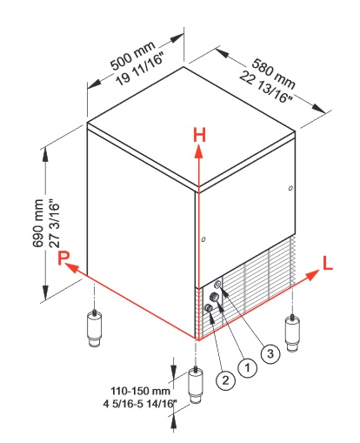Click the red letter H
tap(199, 136)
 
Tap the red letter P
tap(63, 258)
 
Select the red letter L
tap(328, 264)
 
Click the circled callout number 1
tap(247, 367)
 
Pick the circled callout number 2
tap(225, 379)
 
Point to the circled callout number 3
tap(270, 353)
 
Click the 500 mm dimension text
tap(133, 56)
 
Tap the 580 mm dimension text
tap(273, 74)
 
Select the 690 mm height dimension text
tap(38, 224)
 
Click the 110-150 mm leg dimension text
tap(140, 391)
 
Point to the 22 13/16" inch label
tap(265, 88)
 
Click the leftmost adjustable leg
tap(94, 328)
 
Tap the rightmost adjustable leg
tap(292, 333)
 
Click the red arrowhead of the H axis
tap(199, 151)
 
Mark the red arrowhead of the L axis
tap(312, 274)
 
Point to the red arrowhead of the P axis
tap(71, 267)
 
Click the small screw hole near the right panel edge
tap(290, 188)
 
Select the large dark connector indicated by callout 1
tap(214, 297)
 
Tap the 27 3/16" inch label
tap(55, 224)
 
